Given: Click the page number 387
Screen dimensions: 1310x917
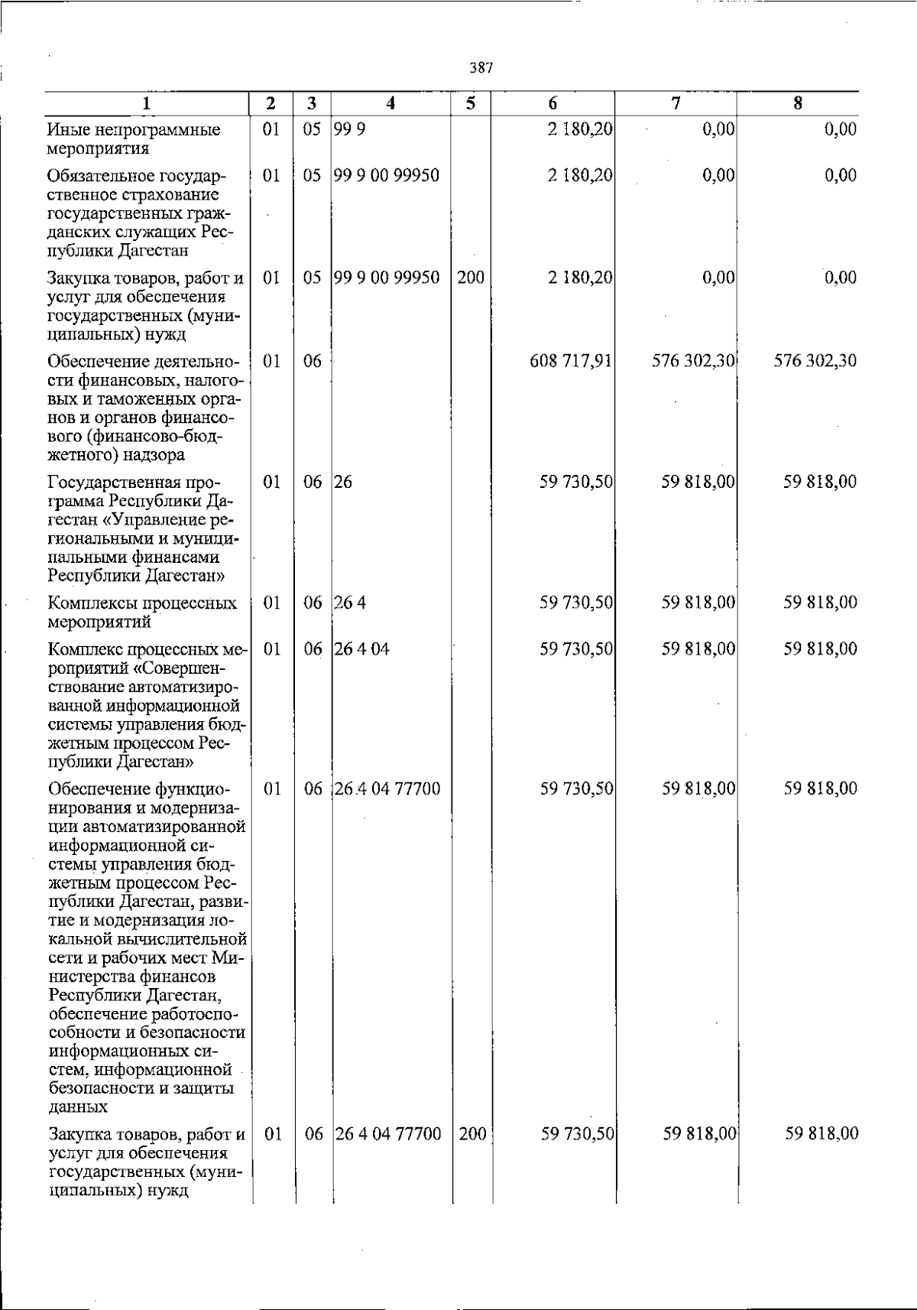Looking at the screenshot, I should pos(481,68).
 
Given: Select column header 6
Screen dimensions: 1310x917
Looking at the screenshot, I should pos(552,104).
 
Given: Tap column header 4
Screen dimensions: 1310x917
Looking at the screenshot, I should pos(390,104).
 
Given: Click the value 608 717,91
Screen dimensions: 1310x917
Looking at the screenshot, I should pos(571,360).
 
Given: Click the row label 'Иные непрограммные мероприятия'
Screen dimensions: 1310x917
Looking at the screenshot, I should pos(133,138).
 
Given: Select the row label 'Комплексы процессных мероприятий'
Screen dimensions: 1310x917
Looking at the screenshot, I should pos(141,612).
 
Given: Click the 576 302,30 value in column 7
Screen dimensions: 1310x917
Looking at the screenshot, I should pos(693,360).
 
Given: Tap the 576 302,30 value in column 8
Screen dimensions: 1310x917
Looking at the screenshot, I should pos(815,360).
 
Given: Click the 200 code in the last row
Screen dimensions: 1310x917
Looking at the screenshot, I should pos(473,1133).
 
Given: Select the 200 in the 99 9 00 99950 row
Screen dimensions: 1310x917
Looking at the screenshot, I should pos(471,277).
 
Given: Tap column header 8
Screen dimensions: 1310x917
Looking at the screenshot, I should pos(797,104).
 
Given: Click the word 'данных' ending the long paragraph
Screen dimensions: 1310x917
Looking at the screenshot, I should pos(77,1107).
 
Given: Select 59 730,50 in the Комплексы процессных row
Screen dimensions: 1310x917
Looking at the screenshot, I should pos(576,603).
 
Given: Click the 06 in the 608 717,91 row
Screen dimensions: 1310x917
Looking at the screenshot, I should pos(312,360).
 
